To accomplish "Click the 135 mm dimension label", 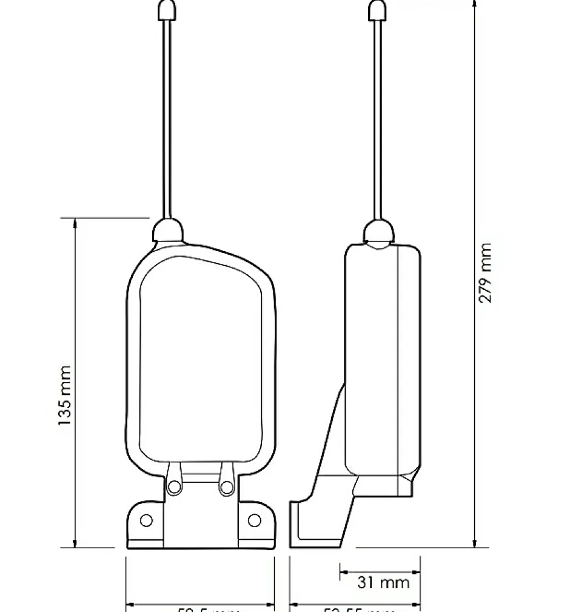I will point(65,395).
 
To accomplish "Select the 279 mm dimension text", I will point(486,273).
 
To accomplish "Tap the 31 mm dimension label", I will point(383,583).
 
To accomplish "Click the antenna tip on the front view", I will point(167,10).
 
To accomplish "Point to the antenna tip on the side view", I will point(378,10).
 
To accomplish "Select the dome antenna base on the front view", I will point(167,230).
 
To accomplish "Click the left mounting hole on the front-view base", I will point(146,520).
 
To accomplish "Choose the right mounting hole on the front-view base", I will point(255,520).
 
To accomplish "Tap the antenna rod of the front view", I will point(167,121).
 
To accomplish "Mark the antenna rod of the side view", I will point(378,121).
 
